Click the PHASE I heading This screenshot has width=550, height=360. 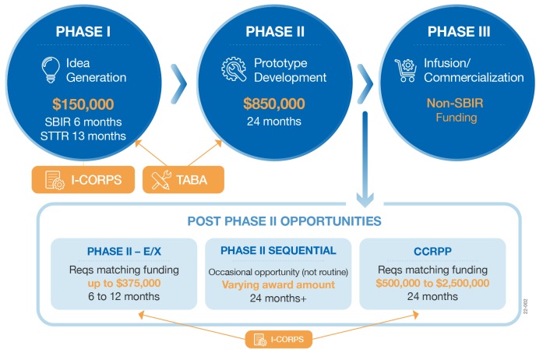point(83,32)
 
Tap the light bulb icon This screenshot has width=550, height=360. point(51,70)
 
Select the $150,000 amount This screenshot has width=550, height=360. point(83,104)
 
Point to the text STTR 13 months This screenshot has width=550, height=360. point(83,136)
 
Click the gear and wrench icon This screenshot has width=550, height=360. point(234,69)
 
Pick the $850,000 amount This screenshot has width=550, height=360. point(274,104)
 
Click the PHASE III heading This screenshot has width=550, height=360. point(459,32)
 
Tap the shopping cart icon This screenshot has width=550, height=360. point(406,70)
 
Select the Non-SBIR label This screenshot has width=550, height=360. point(455,103)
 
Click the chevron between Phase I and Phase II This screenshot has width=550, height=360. point(179,84)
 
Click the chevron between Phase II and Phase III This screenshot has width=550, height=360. point(365,84)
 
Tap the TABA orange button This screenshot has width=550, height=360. point(183,180)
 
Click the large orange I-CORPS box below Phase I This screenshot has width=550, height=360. point(83,180)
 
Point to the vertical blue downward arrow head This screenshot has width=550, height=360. point(365,199)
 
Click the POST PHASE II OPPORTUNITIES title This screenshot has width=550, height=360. point(284,221)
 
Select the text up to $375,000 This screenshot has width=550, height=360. point(124,283)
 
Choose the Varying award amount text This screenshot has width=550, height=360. point(278,284)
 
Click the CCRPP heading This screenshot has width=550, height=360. point(432,251)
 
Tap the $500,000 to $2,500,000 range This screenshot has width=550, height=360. point(432,283)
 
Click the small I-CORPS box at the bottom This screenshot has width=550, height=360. point(279,339)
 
